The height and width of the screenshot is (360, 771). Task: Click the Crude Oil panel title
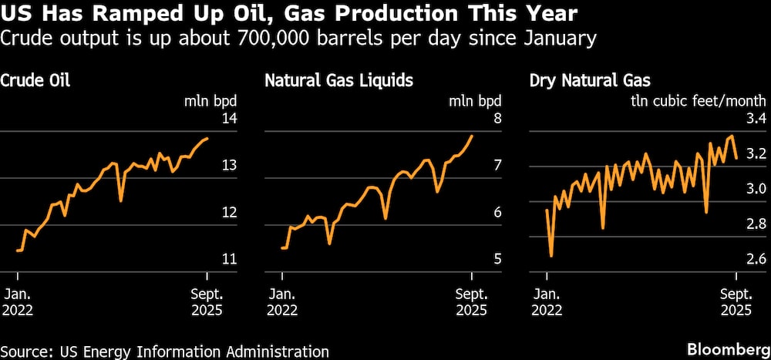pos(35,79)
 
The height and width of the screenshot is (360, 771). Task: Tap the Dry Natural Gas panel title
pos(590,79)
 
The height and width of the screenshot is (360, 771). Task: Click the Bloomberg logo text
pos(727,351)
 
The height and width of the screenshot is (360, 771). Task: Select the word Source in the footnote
pos(23,352)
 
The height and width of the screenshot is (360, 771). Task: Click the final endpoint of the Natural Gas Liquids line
pos(472,136)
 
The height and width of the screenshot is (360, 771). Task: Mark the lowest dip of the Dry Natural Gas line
pos(551,256)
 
